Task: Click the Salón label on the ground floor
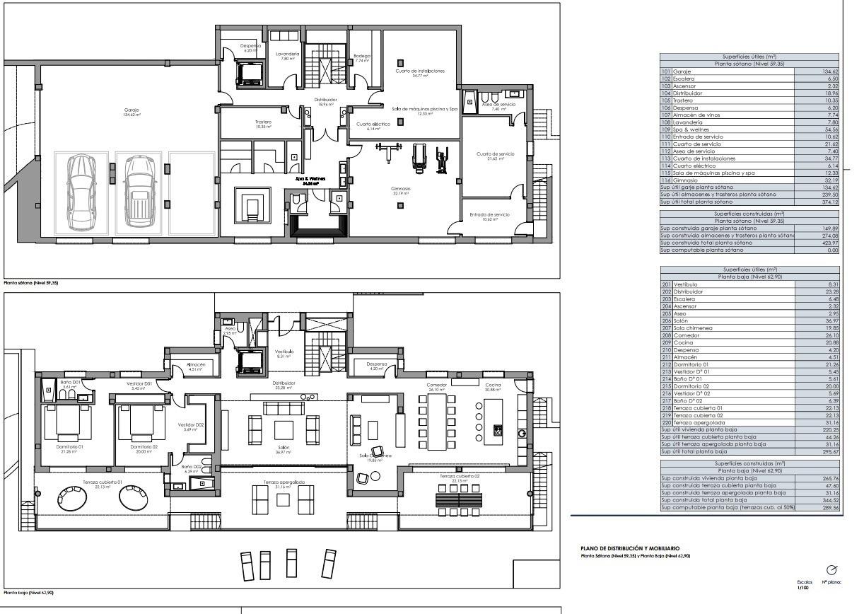click(x=284, y=449)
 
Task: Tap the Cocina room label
click(x=493, y=386)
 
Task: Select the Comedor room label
click(x=437, y=386)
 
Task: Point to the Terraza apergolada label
click(x=284, y=483)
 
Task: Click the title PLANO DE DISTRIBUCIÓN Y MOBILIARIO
click(x=629, y=548)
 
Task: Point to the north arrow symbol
click(x=831, y=569)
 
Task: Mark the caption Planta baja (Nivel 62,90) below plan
click(x=28, y=593)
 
